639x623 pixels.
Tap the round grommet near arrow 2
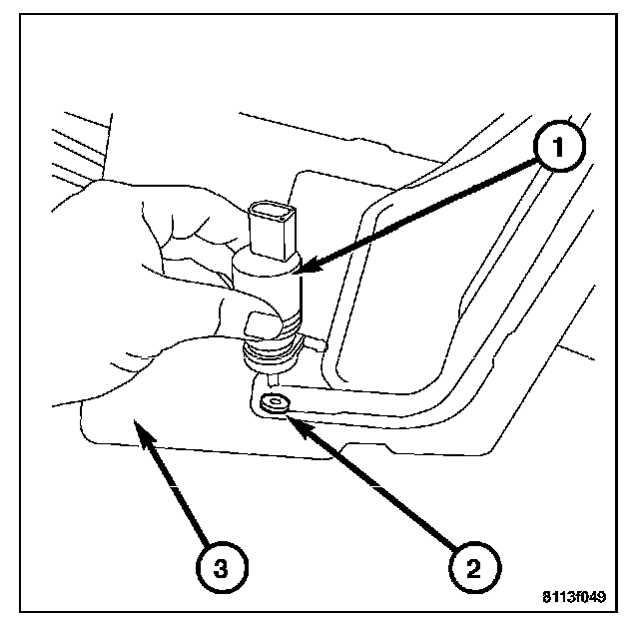pyautogui.click(x=273, y=403)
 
